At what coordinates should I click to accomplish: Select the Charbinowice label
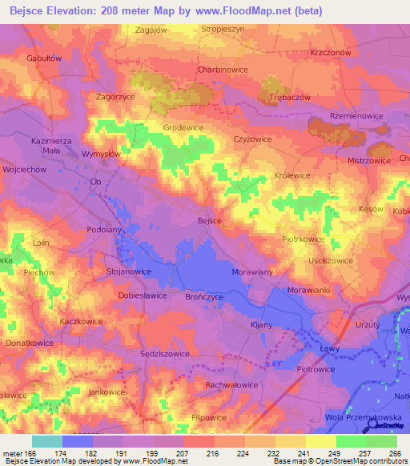tap(223, 70)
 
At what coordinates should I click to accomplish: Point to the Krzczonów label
tap(331, 52)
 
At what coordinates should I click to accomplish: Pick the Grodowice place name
tap(183, 127)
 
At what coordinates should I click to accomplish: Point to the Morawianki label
tap(309, 289)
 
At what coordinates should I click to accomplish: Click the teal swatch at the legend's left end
tap(46, 441)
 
